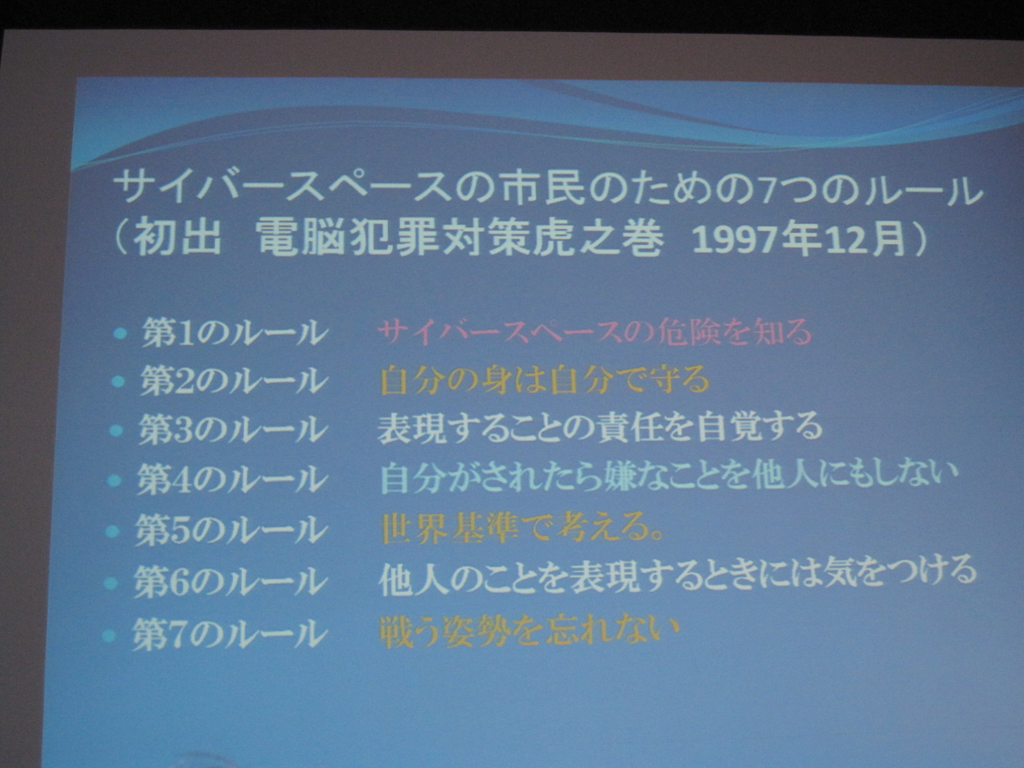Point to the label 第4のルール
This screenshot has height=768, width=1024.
click(230, 480)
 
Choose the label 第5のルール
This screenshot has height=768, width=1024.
click(229, 530)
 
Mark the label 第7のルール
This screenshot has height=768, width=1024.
click(227, 633)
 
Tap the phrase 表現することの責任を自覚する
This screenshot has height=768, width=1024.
click(600, 429)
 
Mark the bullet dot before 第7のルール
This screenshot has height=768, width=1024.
click(109, 635)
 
